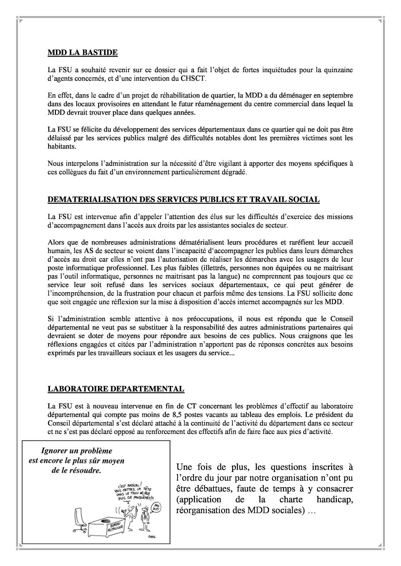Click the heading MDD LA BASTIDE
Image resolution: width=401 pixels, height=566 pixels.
pyautogui.click(x=83, y=53)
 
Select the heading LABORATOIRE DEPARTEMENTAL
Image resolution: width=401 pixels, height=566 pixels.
pyautogui.click(x=116, y=389)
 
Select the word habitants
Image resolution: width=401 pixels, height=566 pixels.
pyautogui.click(x=59, y=146)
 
